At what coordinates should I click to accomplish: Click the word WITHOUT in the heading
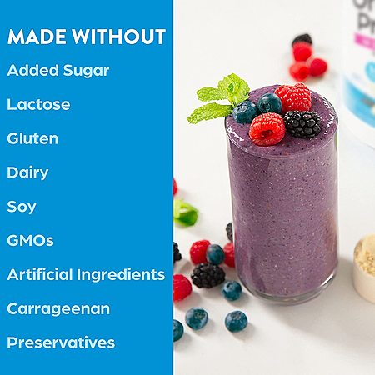(x=119, y=37)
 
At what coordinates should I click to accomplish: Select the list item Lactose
(x=38, y=104)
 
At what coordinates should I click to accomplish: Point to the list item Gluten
(x=32, y=138)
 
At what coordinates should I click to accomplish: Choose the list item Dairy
(x=27, y=172)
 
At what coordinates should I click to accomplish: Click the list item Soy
(x=22, y=207)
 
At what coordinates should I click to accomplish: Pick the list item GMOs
(x=30, y=240)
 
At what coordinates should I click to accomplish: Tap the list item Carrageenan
(x=58, y=309)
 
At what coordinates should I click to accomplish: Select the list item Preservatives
(x=61, y=342)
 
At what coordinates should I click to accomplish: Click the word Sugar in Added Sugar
(x=86, y=71)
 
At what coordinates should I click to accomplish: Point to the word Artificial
(x=40, y=274)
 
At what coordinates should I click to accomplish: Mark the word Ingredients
(x=121, y=275)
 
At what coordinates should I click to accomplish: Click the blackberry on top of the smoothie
(x=302, y=124)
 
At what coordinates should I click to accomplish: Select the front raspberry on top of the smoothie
(x=267, y=129)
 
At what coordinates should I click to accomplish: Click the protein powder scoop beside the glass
(x=365, y=267)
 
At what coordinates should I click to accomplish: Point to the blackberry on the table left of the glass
(x=208, y=275)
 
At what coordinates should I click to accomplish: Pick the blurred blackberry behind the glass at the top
(x=302, y=39)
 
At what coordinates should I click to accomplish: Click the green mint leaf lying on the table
(x=186, y=212)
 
